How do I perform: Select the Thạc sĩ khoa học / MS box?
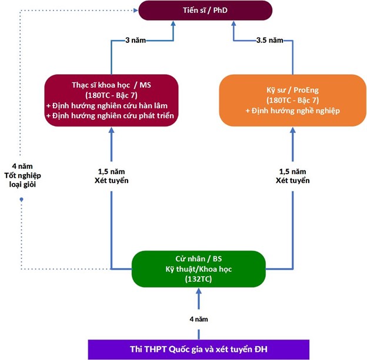click(111, 99)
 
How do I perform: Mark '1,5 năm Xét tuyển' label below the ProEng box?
click(292, 175)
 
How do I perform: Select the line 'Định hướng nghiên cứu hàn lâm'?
click(111, 105)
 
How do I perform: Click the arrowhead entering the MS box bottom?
click(111, 131)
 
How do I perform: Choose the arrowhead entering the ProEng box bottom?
click(292, 131)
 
